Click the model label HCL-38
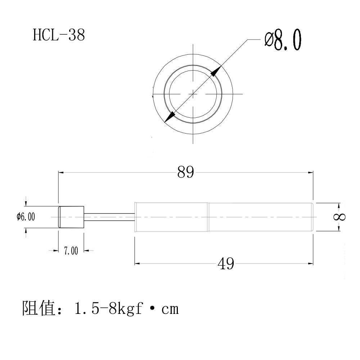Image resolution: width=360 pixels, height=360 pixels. pyautogui.click(x=59, y=35)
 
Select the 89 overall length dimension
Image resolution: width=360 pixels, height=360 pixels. pyautogui.click(x=185, y=173)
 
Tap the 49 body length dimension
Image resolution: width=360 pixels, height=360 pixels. pyautogui.click(x=226, y=264)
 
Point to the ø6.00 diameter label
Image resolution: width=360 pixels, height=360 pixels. pyautogui.click(x=26, y=216)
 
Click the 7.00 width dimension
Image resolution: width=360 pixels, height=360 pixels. pyautogui.click(x=71, y=251)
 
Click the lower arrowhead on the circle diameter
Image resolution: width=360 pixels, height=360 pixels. pyautogui.click(x=170, y=117)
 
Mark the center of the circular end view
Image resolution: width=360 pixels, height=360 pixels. pyautogui.click(x=193, y=94)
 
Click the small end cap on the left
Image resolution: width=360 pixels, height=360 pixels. pyautogui.click(x=71, y=217)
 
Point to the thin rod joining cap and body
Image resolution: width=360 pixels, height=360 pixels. pyautogui.click(x=109, y=216)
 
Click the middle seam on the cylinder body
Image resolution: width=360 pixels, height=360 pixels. pyautogui.click(x=208, y=217)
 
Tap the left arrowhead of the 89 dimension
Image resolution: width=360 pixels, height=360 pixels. pyautogui.click(x=62, y=173)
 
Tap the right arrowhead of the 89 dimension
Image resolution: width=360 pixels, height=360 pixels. pyautogui.click(x=310, y=173)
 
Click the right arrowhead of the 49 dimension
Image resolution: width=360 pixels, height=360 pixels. pyautogui.click(x=310, y=264)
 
